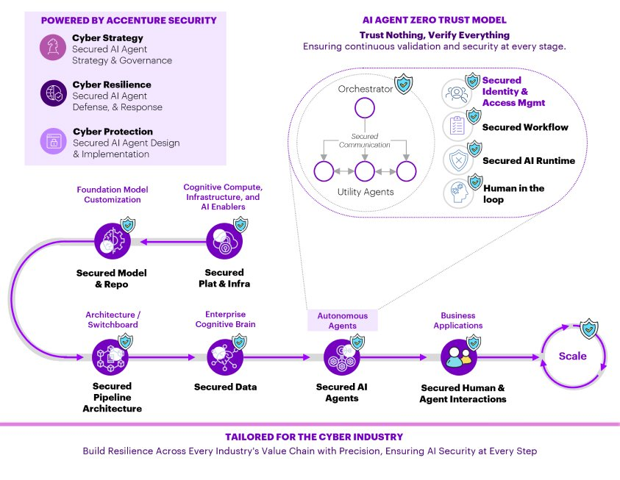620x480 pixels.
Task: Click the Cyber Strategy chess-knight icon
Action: pyautogui.click(x=52, y=49)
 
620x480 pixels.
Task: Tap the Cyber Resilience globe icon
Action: pyautogui.click(x=52, y=94)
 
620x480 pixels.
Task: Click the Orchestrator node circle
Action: pyautogui.click(x=366, y=110)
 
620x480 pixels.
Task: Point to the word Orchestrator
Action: pyautogui.click(x=366, y=89)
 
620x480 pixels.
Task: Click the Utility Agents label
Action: pyautogui.click(x=366, y=192)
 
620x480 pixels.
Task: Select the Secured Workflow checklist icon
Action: pyautogui.click(x=457, y=126)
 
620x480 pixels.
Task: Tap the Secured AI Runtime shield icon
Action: pyautogui.click(x=457, y=160)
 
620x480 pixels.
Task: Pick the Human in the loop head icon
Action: pyautogui.click(x=457, y=193)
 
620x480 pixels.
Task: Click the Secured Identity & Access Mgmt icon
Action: pyautogui.click(x=457, y=93)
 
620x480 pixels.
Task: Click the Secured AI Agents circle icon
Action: pyautogui.click(x=342, y=357)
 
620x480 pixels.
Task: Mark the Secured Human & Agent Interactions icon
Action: pyautogui.click(x=460, y=357)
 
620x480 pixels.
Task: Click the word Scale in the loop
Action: pyautogui.click(x=572, y=356)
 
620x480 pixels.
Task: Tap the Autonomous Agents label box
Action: pyautogui.click(x=342, y=320)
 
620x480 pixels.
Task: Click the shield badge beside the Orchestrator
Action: pyautogui.click(x=404, y=85)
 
